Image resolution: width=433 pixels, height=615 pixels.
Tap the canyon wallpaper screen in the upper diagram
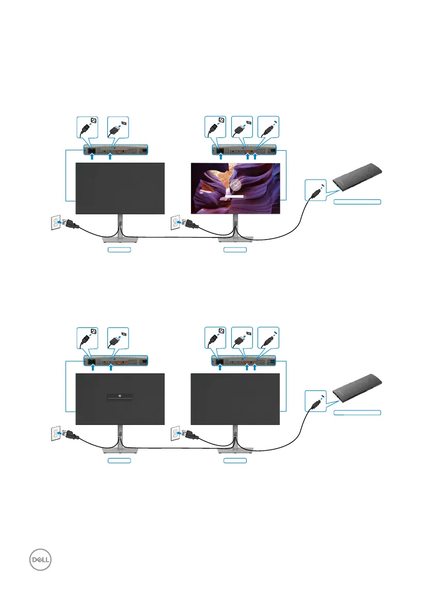pyautogui.click(x=235, y=188)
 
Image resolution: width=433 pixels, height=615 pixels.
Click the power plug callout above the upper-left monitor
pyautogui.click(x=87, y=127)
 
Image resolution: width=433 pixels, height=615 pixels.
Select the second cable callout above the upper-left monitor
pyautogui.click(x=118, y=127)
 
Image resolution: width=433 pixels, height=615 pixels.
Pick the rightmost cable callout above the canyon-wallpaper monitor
pyautogui.click(x=267, y=127)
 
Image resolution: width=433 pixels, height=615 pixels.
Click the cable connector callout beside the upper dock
pyautogui.click(x=315, y=190)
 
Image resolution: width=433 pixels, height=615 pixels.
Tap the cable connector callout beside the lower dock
pyautogui.click(x=315, y=402)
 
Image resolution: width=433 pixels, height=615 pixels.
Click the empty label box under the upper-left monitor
pyautogui.click(x=119, y=250)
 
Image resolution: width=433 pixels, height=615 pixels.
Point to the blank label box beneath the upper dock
pyautogui.click(x=357, y=201)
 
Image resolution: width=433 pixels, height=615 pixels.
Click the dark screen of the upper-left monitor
pyautogui.click(x=120, y=188)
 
